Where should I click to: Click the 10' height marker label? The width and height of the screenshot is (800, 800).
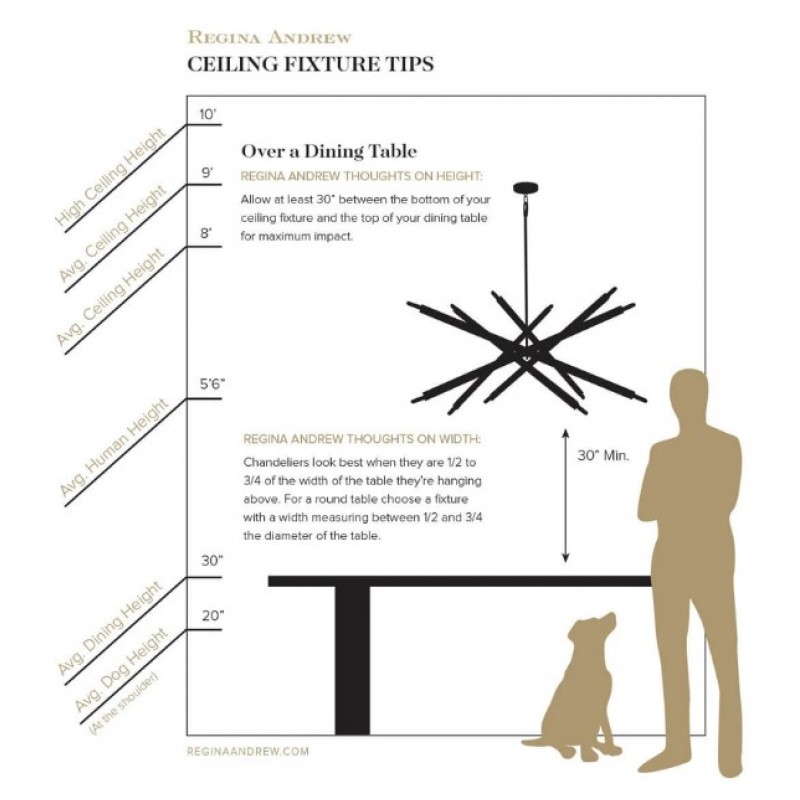click(208, 114)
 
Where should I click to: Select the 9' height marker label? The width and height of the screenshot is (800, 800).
click(207, 173)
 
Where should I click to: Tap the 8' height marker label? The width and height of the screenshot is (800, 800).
click(206, 234)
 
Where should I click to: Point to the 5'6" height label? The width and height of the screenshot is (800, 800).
click(212, 384)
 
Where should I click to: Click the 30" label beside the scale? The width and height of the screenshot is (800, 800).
click(212, 561)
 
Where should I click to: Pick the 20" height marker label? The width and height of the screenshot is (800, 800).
click(212, 616)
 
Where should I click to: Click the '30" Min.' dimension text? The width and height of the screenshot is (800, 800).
click(603, 455)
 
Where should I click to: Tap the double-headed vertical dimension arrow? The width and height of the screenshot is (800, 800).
click(565, 495)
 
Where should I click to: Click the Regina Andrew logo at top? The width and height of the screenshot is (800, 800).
click(269, 37)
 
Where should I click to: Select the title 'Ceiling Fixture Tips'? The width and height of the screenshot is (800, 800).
click(311, 64)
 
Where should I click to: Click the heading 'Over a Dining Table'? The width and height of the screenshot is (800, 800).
click(329, 151)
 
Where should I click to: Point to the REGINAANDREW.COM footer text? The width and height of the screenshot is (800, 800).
click(248, 751)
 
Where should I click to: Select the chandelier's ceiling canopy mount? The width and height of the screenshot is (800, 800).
click(526, 188)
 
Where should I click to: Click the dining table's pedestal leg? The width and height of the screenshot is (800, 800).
click(352, 659)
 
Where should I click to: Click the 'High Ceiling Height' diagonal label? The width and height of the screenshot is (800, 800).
click(111, 178)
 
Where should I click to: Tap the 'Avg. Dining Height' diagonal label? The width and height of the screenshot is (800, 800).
click(111, 628)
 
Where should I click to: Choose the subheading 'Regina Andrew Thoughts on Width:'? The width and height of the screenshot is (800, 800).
click(362, 439)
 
